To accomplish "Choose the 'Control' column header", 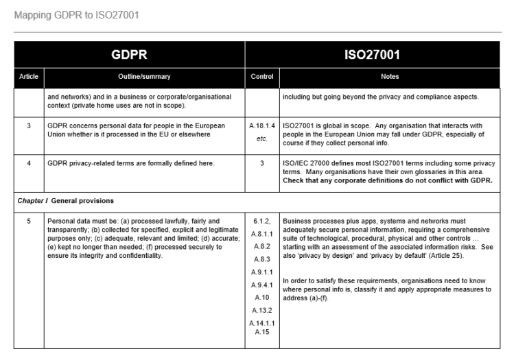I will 262,76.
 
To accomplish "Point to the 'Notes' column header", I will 392,76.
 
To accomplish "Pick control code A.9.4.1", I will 263,285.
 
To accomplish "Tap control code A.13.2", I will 263,311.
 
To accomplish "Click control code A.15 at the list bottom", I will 263,333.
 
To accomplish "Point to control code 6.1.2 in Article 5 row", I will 263,221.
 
